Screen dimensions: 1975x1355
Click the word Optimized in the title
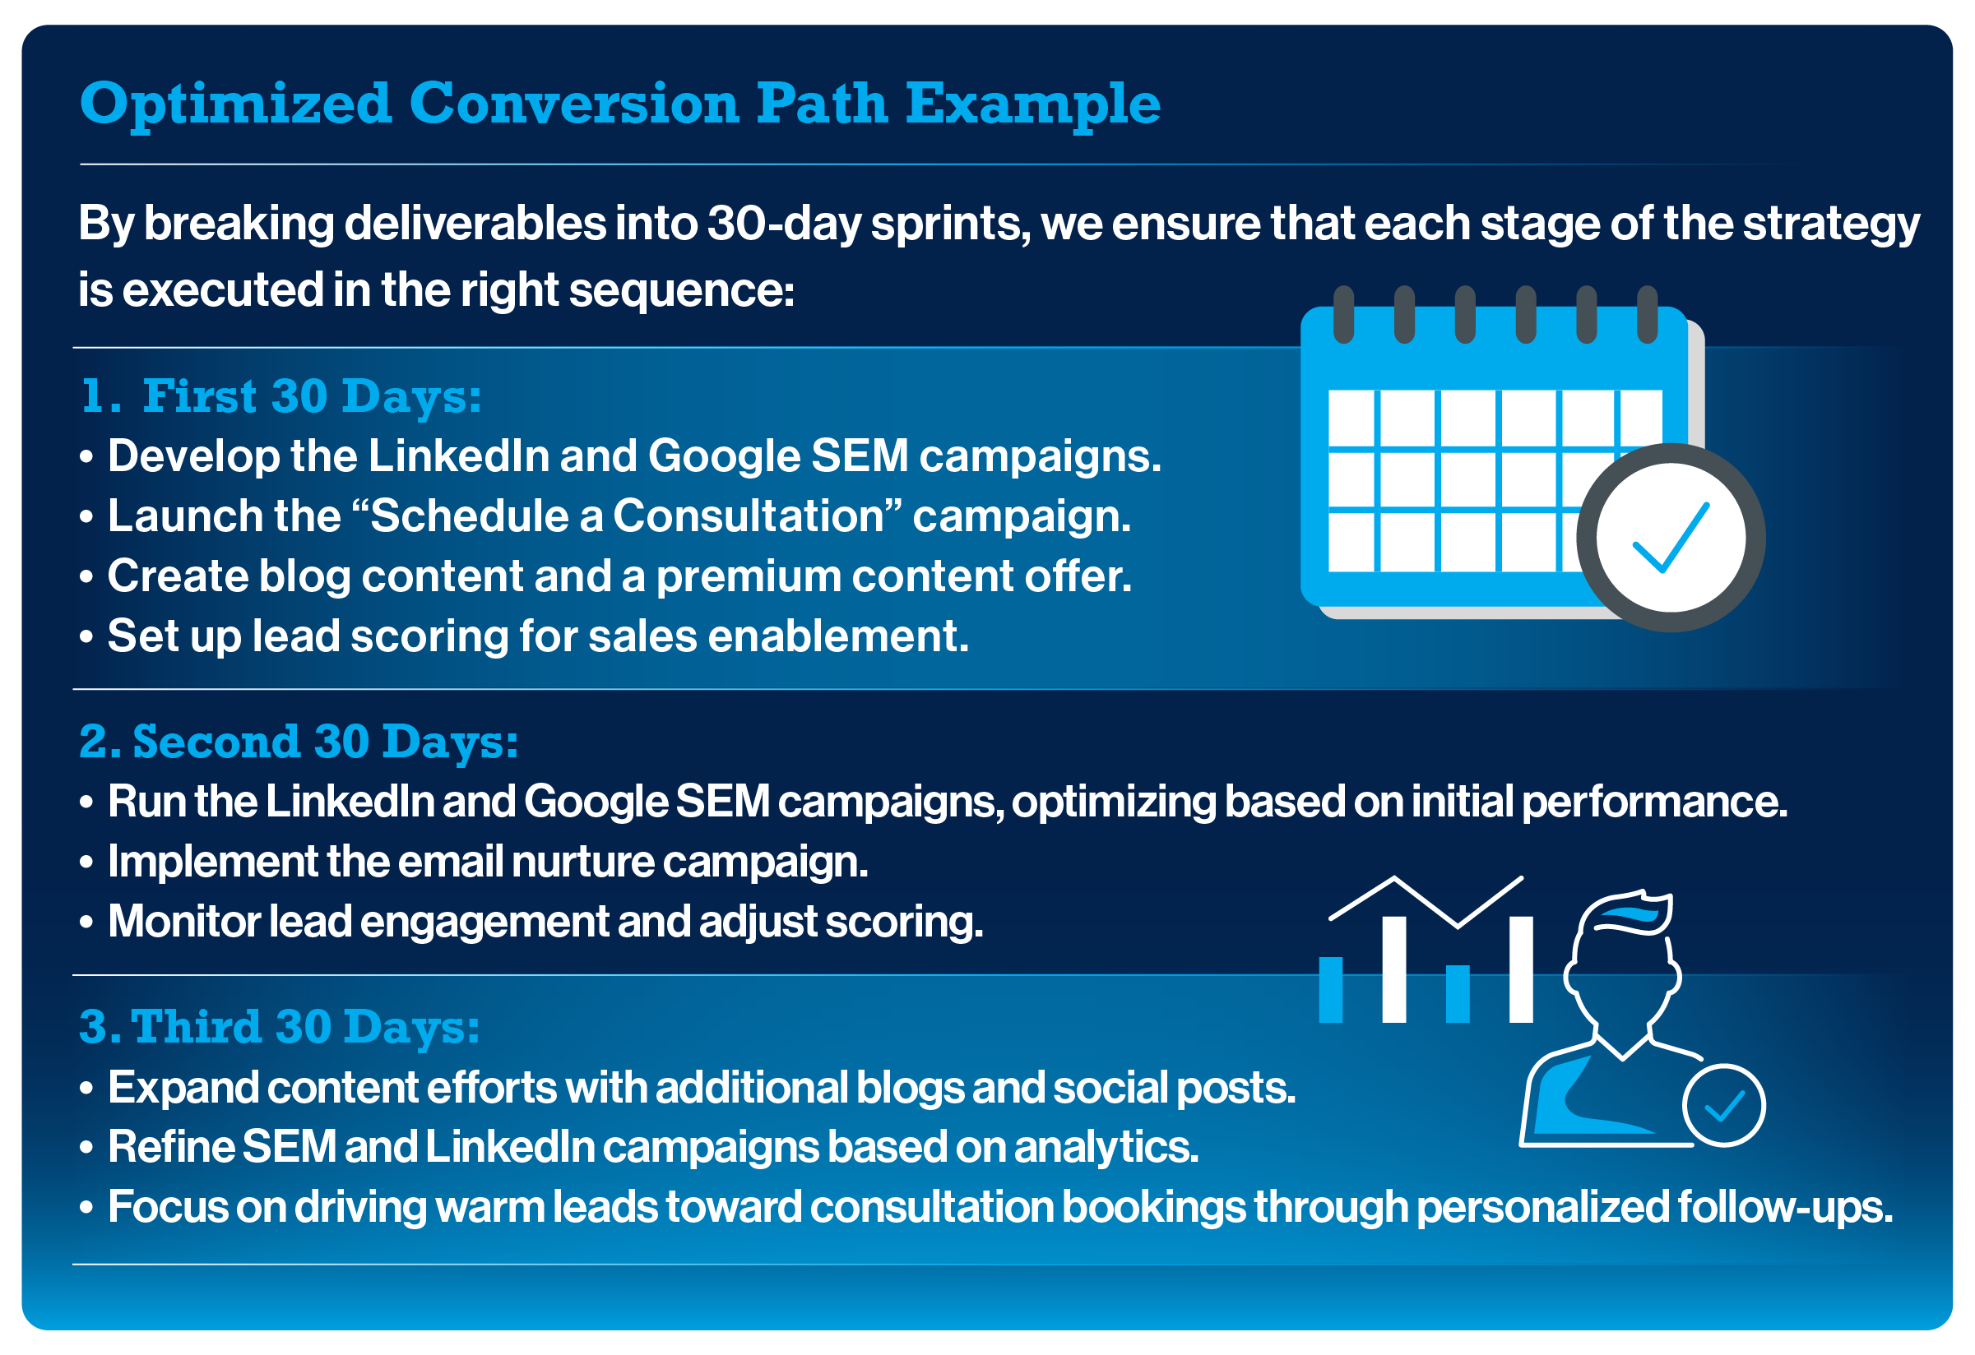235,105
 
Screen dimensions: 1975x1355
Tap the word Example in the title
1032,105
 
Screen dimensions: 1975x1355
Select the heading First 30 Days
281,397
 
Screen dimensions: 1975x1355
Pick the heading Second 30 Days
299,742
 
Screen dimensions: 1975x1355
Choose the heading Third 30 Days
280,1027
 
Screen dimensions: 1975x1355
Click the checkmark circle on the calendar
1671,538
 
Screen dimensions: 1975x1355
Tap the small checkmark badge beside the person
1724,1106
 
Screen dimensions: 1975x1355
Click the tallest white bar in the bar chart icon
1394,969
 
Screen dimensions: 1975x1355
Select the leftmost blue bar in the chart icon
1331,990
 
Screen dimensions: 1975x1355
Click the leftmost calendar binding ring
1343,314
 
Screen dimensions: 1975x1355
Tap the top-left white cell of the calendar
1351,418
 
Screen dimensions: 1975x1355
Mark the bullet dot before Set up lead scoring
86,637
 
